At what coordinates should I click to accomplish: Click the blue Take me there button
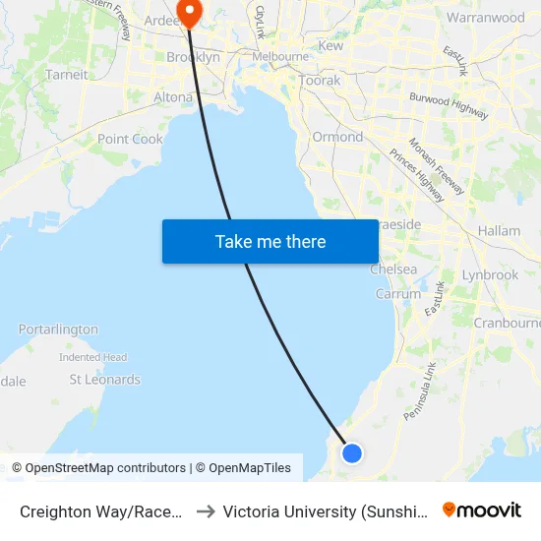click(x=270, y=241)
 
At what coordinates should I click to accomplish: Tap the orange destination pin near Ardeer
click(x=187, y=12)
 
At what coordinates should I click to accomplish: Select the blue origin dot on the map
click(x=352, y=452)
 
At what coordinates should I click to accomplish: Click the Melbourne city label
click(x=280, y=57)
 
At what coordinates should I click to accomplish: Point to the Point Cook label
click(x=130, y=140)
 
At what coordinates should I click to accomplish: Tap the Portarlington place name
click(x=58, y=330)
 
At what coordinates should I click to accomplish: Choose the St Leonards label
click(x=104, y=380)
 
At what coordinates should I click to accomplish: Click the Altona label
click(x=173, y=97)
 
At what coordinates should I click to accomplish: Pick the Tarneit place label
click(x=66, y=74)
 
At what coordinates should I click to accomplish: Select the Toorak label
click(x=320, y=81)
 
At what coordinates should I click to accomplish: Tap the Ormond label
click(x=337, y=137)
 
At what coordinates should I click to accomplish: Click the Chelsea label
click(x=393, y=270)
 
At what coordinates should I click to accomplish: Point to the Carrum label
click(x=397, y=294)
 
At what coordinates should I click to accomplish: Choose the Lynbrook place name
click(x=490, y=275)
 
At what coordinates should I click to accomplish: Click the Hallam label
click(x=499, y=231)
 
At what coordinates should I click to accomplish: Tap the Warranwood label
click(x=486, y=18)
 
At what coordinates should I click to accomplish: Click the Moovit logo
click(x=482, y=511)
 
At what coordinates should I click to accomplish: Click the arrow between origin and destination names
click(x=206, y=511)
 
